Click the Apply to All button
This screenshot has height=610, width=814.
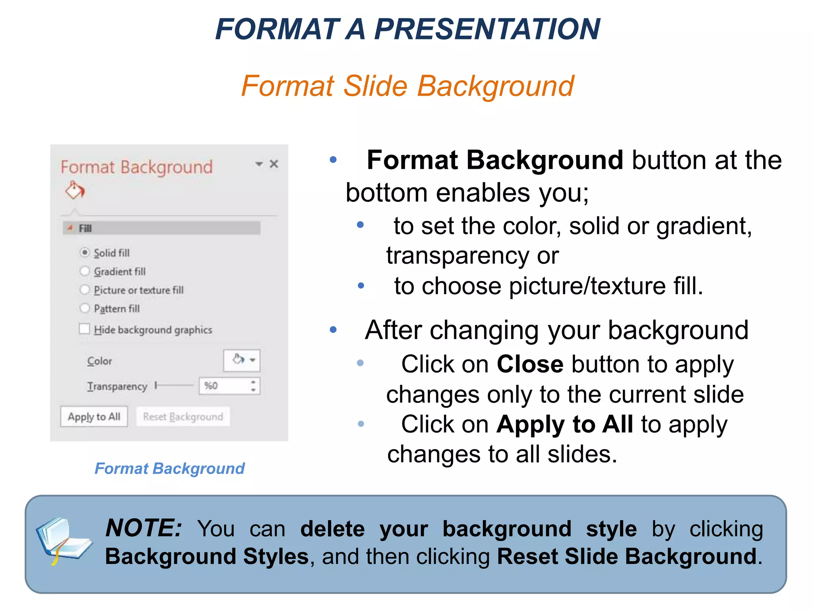pyautogui.click(x=94, y=417)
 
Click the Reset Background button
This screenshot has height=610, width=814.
pyautogui.click(x=183, y=417)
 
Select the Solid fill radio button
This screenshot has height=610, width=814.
pyautogui.click(x=85, y=253)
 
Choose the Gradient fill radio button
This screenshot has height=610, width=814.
pyautogui.click(x=85, y=271)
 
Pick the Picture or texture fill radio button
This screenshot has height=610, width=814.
pyautogui.click(x=85, y=290)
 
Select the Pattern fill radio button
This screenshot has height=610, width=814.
pyautogui.click(x=85, y=308)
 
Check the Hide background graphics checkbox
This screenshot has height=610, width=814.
pyautogui.click(x=84, y=329)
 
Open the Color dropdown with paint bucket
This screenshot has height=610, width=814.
pyautogui.click(x=242, y=360)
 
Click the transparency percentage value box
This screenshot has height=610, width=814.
pyautogui.click(x=225, y=386)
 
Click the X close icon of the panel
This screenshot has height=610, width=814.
pyautogui.click(x=274, y=164)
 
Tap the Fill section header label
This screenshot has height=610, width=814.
pyautogui.click(x=85, y=228)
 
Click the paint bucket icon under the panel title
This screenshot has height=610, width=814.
pyautogui.click(x=75, y=190)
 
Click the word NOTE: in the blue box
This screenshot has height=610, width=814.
pyautogui.click(x=143, y=529)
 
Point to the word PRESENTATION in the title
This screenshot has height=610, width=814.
pyautogui.click(x=487, y=29)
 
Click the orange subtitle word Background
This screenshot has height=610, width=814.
pyautogui.click(x=495, y=86)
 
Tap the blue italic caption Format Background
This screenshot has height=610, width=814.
pyautogui.click(x=170, y=469)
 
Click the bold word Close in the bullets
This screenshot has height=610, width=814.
pyautogui.click(x=530, y=364)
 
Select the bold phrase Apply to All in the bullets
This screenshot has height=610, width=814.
pyautogui.click(x=564, y=425)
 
